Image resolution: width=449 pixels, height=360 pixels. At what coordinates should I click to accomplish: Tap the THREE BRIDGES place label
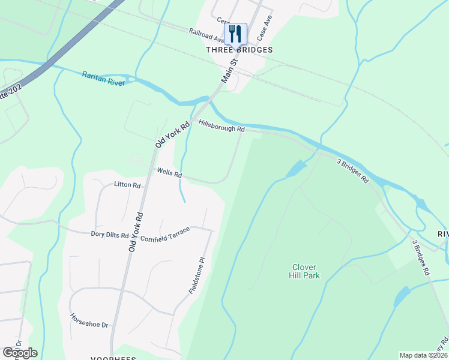pyautogui.click(x=240, y=50)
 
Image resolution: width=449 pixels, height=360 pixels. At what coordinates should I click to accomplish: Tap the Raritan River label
pyautogui.click(x=103, y=78)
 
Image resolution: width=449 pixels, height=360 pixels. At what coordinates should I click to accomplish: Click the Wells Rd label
pyautogui.click(x=169, y=173)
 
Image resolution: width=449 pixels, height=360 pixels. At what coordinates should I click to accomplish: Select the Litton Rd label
pyautogui.click(x=127, y=185)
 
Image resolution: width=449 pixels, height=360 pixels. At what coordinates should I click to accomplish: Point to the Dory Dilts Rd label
pyautogui.click(x=109, y=235)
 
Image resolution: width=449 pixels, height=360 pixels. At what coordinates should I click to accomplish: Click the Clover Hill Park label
pyautogui.click(x=306, y=271)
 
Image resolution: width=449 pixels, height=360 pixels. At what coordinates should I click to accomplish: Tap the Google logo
pyautogui.click(x=20, y=352)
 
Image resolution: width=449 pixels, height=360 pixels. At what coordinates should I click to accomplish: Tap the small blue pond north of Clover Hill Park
pyautogui.click(x=297, y=169)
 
